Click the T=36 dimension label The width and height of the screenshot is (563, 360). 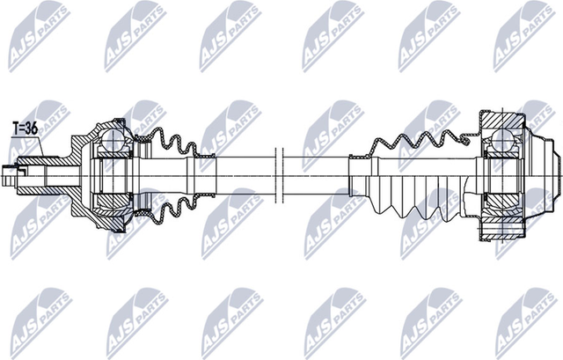point(26,129)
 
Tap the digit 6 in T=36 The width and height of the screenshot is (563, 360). point(33,129)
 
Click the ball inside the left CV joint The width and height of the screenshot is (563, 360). point(112,138)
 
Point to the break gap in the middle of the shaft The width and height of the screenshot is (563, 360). point(280,175)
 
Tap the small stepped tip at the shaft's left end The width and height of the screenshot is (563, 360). point(9,176)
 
